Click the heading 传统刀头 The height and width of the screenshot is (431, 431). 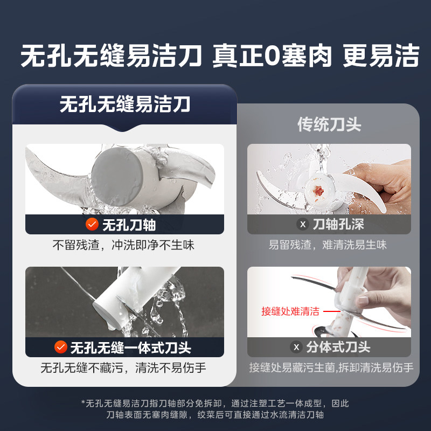pyautogui.click(x=329, y=124)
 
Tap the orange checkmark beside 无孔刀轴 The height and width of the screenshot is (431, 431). pyautogui.click(x=92, y=224)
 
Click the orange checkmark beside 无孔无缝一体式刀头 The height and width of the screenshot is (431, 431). pyautogui.click(x=61, y=347)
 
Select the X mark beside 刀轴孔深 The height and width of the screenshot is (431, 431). pyautogui.click(x=302, y=224)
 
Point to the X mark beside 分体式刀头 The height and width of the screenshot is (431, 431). pyautogui.click(x=295, y=347)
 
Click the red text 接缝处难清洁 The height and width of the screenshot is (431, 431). pyautogui.click(x=290, y=311)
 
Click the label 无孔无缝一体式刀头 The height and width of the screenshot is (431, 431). pyautogui.click(x=130, y=347)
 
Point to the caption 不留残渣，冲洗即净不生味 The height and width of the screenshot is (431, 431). pyautogui.click(x=123, y=245)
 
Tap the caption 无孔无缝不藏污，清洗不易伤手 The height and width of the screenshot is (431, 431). pyautogui.click(x=123, y=368)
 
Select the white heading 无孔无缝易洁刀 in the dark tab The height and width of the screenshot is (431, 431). pyautogui.click(x=124, y=103)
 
